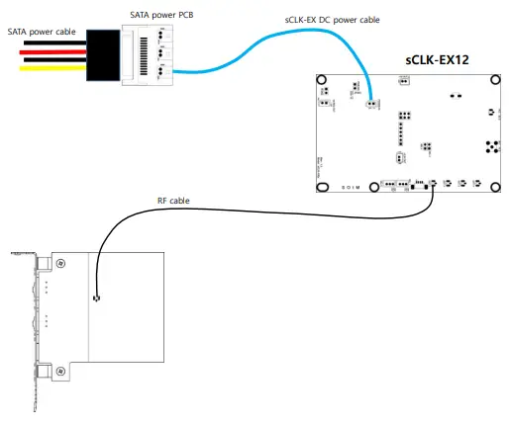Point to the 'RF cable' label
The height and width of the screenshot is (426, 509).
point(174,201)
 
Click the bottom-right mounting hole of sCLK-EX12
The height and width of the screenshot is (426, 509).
point(489,187)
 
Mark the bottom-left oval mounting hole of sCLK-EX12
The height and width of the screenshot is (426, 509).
point(323,187)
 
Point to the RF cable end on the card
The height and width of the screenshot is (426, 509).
point(96,298)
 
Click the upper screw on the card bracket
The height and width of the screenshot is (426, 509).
point(61,263)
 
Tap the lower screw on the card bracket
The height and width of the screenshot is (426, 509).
point(61,372)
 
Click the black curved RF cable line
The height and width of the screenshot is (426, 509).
point(248,209)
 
